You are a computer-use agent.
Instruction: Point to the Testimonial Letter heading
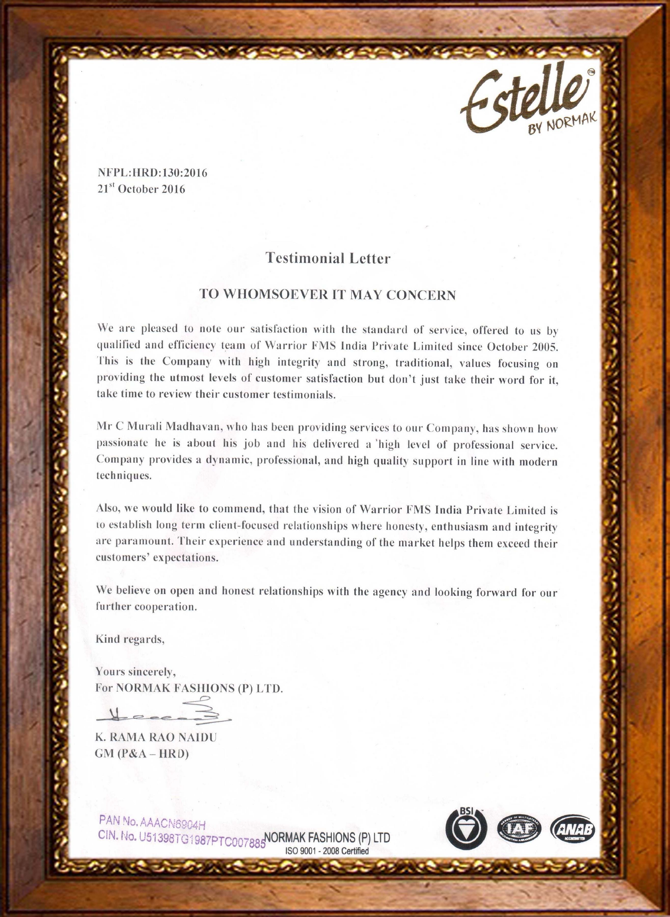pos(328,258)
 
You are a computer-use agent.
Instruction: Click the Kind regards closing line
pos(130,639)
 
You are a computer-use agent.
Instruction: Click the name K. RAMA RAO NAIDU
pos(156,738)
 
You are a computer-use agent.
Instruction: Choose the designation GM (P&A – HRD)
pos(142,754)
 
